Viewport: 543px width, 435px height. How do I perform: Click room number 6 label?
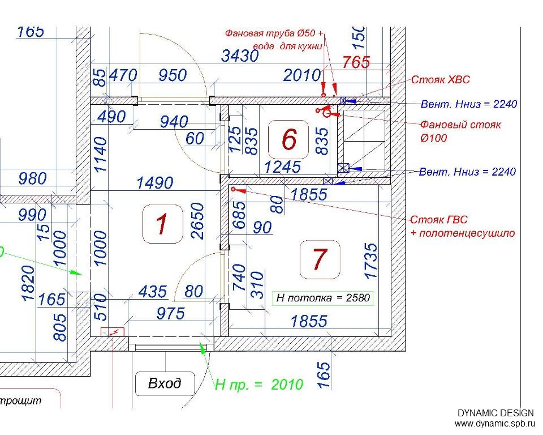pos(289,139)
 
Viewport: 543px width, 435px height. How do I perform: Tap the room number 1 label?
pos(162,224)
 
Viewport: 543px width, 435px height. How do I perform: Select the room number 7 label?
pos(320,259)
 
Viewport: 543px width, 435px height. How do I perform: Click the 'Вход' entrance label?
pos(165,383)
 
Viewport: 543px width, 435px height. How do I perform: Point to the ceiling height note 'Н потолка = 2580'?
pos(323,297)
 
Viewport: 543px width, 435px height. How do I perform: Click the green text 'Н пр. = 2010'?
pos(259,385)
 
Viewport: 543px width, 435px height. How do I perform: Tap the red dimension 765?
pos(356,62)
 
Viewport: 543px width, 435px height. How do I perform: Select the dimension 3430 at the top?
pos(240,56)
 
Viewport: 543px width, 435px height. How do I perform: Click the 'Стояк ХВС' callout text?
pos(441,79)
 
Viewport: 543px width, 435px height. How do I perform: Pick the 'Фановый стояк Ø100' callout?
pos(460,131)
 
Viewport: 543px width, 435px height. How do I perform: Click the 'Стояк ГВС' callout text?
pos(439,220)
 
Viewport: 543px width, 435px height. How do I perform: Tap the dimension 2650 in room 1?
pos(198,221)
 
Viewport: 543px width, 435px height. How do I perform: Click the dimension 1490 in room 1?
pos(155,183)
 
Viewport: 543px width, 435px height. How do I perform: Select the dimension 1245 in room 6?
pos(283,167)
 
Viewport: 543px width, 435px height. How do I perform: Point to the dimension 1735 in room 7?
pos(370,261)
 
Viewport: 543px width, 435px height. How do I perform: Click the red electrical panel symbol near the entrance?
pos(113,332)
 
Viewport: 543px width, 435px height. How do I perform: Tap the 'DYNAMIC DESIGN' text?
pos(495,413)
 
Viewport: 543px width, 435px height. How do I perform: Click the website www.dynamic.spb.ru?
pos(494,424)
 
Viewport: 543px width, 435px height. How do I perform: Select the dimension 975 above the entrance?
pos(171,314)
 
